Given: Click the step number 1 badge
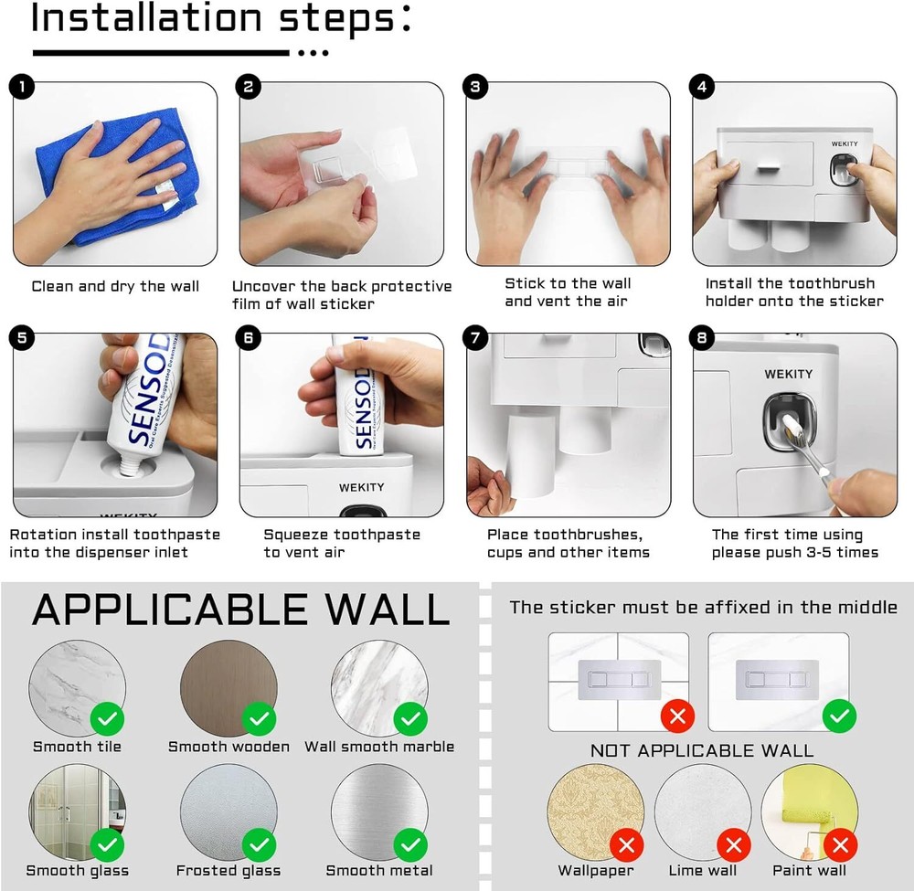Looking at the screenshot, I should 21,88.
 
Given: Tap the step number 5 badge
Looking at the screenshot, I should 21,338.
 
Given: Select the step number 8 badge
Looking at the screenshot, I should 702,338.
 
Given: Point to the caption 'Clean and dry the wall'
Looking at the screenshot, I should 115,286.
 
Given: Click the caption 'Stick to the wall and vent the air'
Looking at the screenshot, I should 568,292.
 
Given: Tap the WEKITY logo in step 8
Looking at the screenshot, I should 789,374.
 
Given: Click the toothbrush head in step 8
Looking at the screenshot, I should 788,422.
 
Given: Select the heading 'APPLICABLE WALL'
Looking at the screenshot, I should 240,610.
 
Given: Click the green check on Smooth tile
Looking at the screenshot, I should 108,719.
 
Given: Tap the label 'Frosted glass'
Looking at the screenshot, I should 228,871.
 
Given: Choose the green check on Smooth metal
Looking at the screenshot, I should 410,843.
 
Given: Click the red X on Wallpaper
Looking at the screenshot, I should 626,843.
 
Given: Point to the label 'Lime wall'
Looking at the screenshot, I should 703,871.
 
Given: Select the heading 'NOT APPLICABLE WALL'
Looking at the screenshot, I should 701,751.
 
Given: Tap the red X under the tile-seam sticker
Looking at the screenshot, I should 677,716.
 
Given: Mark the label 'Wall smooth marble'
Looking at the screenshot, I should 379,747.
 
